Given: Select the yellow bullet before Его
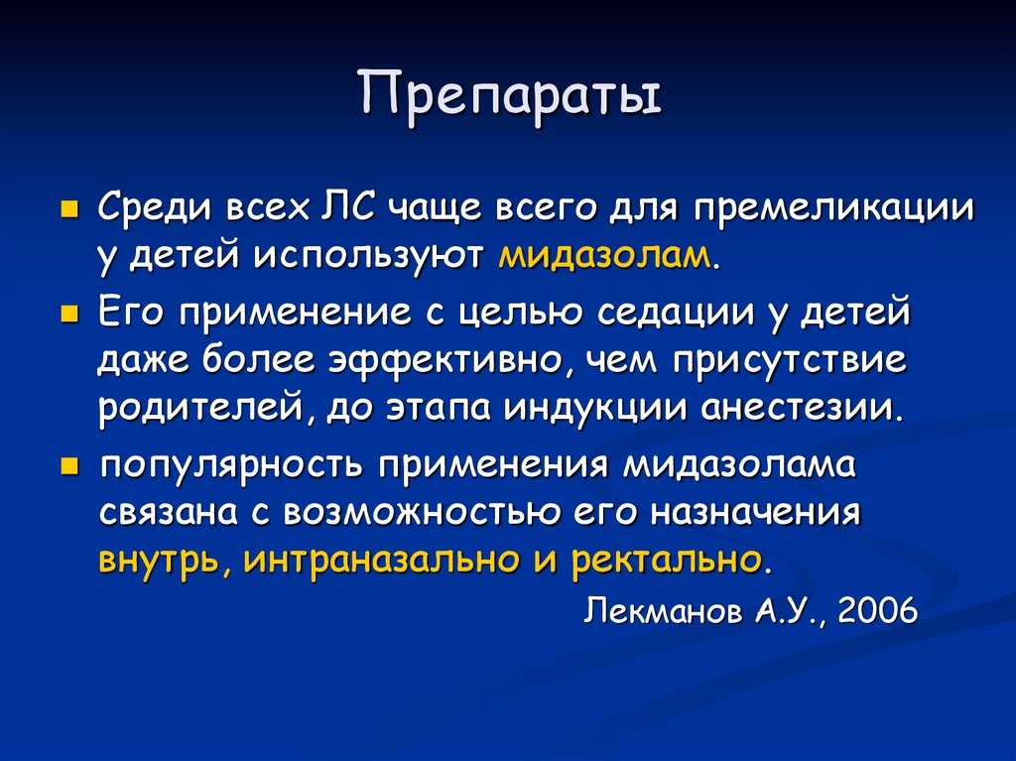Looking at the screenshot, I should [x=68, y=316].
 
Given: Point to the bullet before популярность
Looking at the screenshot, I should [x=68, y=466].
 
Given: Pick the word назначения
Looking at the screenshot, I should [x=755, y=513].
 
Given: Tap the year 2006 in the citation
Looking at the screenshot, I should [x=877, y=610].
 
